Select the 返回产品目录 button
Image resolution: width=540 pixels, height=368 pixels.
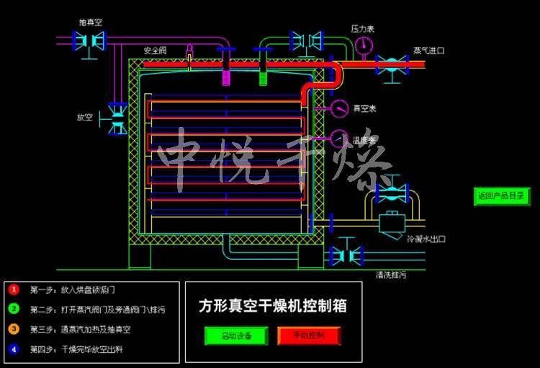click(502, 196)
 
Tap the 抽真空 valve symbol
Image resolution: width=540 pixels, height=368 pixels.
click(90, 42)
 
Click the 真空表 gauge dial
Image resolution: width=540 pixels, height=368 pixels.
click(339, 108)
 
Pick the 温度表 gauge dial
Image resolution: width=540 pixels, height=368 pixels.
click(339, 137)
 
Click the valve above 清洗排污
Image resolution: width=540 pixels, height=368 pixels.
click(346, 255)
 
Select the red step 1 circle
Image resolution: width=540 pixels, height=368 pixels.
click(14, 289)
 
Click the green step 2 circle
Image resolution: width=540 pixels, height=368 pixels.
click(14, 310)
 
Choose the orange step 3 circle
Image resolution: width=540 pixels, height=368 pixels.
click(14, 329)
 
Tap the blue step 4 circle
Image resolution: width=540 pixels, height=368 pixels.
click(14, 349)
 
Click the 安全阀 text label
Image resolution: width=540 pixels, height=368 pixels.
click(155, 51)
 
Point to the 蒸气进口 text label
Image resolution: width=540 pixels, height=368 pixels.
click(428, 51)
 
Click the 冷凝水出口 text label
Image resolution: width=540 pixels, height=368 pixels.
click(427, 239)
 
